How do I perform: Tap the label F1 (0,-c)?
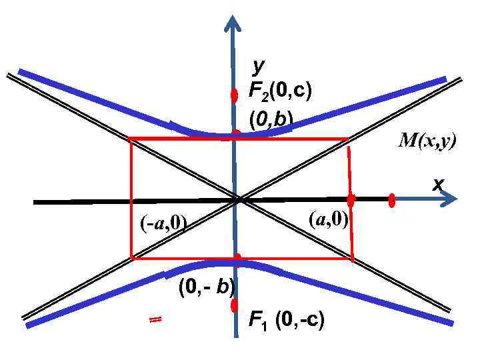pyautogui.click(x=286, y=321)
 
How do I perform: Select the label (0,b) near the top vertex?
pyautogui.click(x=271, y=119)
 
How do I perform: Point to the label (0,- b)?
pyautogui.click(x=206, y=287)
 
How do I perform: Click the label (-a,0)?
pyautogui.click(x=163, y=223)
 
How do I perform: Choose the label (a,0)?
pyautogui.click(x=328, y=219)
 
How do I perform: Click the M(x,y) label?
pyautogui.click(x=427, y=141)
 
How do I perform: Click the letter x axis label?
pyautogui.click(x=437, y=184)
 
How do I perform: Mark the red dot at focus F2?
pyautogui.click(x=234, y=95)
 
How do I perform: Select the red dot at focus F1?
pyautogui.click(x=234, y=305)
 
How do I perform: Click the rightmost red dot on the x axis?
pyautogui.click(x=392, y=200)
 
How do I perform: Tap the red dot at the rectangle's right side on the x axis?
pyautogui.click(x=351, y=199)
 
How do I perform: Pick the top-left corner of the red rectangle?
pyautogui.click(x=130, y=139)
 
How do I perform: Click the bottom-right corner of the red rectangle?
pyautogui.click(x=352, y=259)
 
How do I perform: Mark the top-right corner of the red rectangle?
pyautogui.click(x=348, y=139)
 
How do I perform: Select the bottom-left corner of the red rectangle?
pyautogui.click(x=131, y=257)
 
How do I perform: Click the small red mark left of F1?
pyautogui.click(x=155, y=320)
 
